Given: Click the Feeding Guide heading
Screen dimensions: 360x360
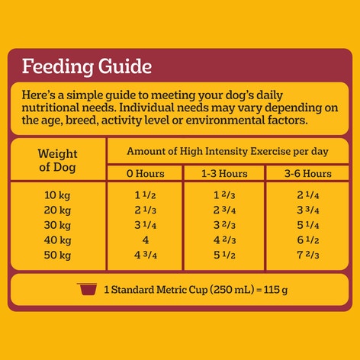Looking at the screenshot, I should tap(85, 66).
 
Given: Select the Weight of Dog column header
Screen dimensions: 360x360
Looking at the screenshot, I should tap(58, 159).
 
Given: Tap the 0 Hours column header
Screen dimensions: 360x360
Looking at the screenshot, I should tap(146, 174).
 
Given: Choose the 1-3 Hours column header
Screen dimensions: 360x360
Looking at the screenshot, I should tap(224, 174).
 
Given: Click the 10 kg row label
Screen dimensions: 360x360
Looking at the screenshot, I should tap(58, 195).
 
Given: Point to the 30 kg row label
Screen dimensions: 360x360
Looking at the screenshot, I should tap(58, 224).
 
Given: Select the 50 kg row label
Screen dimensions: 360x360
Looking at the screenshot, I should tap(58, 254).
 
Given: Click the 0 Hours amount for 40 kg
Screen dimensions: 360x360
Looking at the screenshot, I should tap(146, 239).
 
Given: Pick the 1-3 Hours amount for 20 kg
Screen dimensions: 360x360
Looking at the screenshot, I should tap(224, 210).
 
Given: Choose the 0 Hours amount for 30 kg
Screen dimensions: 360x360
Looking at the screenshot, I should tap(146, 224).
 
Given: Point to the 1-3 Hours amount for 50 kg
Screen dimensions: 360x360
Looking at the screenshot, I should tap(224, 254).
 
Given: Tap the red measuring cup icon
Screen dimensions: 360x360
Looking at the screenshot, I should tap(88, 289).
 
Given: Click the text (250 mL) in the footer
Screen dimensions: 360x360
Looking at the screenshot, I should tap(224, 290).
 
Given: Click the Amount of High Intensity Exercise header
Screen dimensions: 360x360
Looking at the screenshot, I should tap(224, 150).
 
